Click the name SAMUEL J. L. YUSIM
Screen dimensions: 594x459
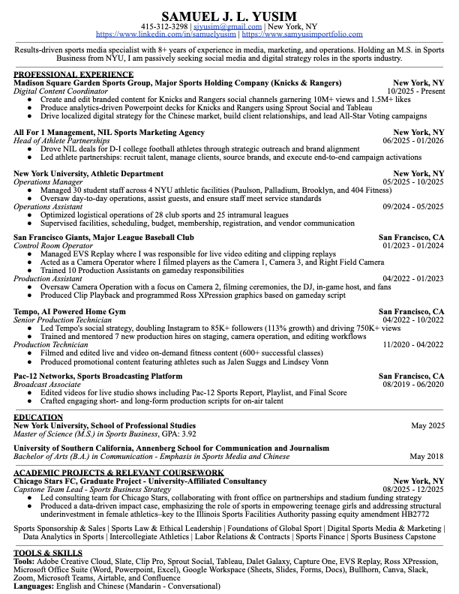point(229,16)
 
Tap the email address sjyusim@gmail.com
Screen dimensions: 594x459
point(228,27)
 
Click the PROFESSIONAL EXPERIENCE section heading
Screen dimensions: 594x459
point(73,74)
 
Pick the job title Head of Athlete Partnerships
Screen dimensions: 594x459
point(61,141)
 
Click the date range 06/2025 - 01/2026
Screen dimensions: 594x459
point(412,141)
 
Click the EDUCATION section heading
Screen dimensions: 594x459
point(38,417)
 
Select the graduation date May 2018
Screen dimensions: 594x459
point(427,456)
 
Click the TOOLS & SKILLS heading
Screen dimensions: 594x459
point(48,553)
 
